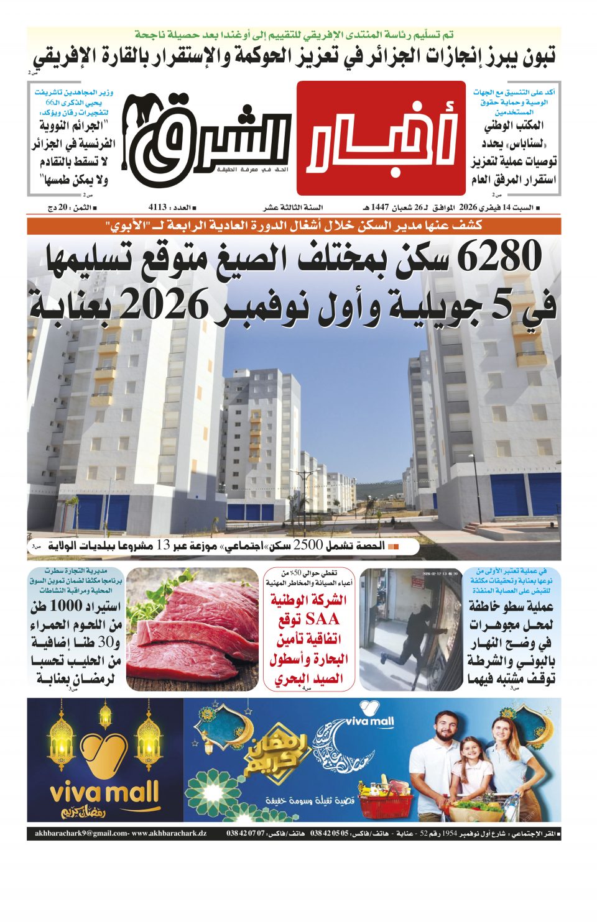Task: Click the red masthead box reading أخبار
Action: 381,138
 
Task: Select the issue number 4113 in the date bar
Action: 158,207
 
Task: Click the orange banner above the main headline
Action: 294,226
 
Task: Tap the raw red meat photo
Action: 192,629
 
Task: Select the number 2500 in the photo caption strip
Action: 307,545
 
